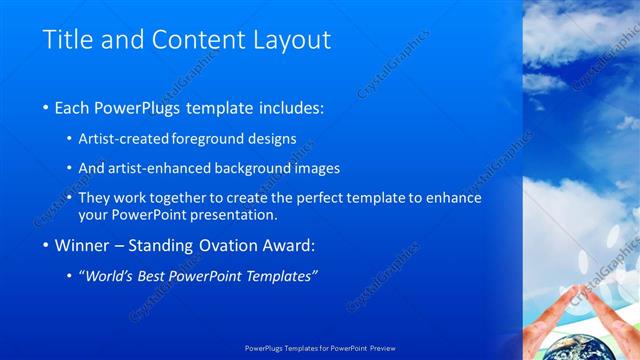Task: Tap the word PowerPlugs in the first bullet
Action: pos(141,106)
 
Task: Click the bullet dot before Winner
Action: pos(47,246)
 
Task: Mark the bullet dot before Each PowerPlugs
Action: pos(47,107)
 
